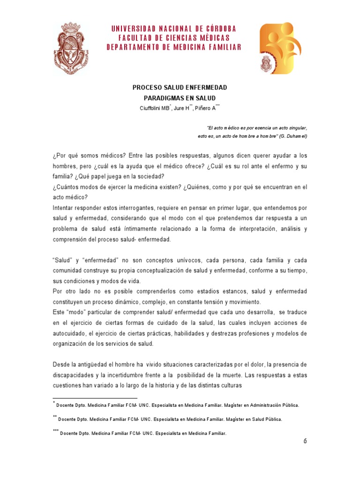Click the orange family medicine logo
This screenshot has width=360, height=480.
coord(280,48)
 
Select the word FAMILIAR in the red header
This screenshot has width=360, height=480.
coord(221,47)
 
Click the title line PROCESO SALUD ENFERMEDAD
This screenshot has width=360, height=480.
coord(180,88)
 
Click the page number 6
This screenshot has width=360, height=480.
coord(305,441)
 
